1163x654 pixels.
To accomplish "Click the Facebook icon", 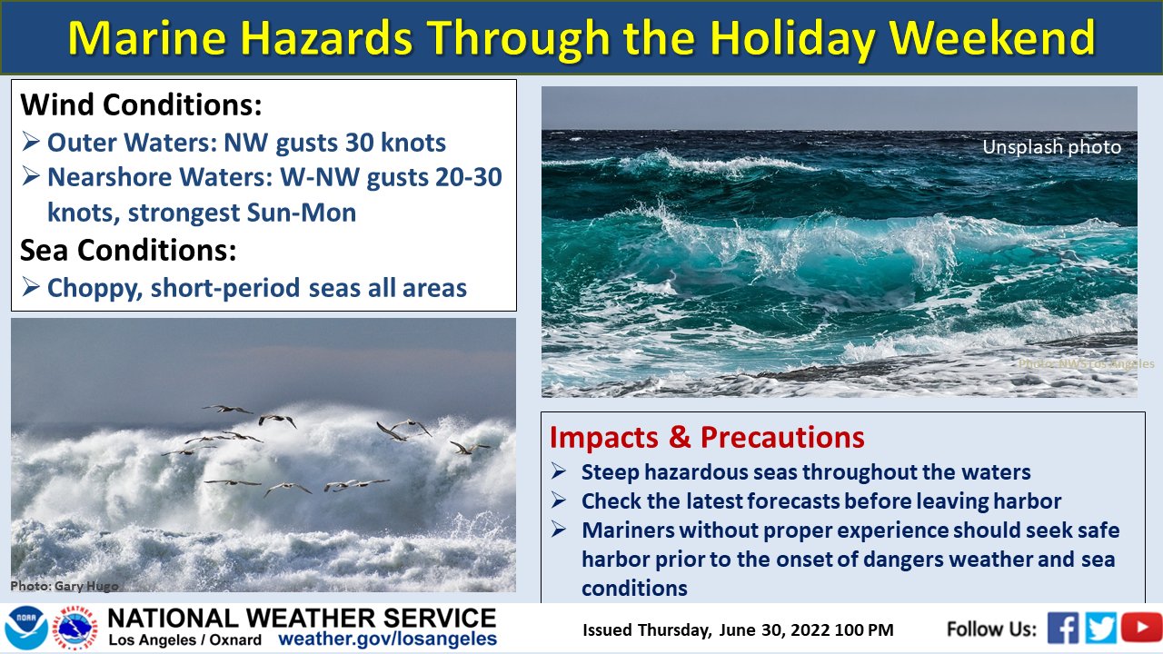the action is click(x=1063, y=628).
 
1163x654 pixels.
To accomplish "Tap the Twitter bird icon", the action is click(x=1100, y=628).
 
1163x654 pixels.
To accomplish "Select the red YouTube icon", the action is click(x=1141, y=627).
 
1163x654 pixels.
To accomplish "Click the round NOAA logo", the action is click(x=27, y=628).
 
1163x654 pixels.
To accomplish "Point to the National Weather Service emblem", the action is click(x=75, y=628).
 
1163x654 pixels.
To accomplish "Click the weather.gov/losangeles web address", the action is click(x=387, y=639).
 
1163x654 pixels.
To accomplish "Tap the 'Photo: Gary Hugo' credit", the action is click(x=65, y=586).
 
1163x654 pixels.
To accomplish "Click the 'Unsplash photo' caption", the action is click(x=1051, y=147).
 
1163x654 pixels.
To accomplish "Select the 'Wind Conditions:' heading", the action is click(x=141, y=104).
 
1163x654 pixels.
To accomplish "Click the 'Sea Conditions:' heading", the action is click(x=128, y=250).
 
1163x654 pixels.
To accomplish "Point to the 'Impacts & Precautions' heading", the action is click(x=707, y=437).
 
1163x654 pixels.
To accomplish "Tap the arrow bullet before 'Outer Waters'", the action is click(x=31, y=141).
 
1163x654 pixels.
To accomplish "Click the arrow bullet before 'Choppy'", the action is click(x=31, y=286).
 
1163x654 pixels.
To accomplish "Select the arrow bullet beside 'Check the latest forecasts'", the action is click(x=559, y=500).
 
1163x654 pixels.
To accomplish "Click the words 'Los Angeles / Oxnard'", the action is click(x=184, y=640).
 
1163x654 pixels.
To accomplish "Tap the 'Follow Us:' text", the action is click(x=991, y=629).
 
